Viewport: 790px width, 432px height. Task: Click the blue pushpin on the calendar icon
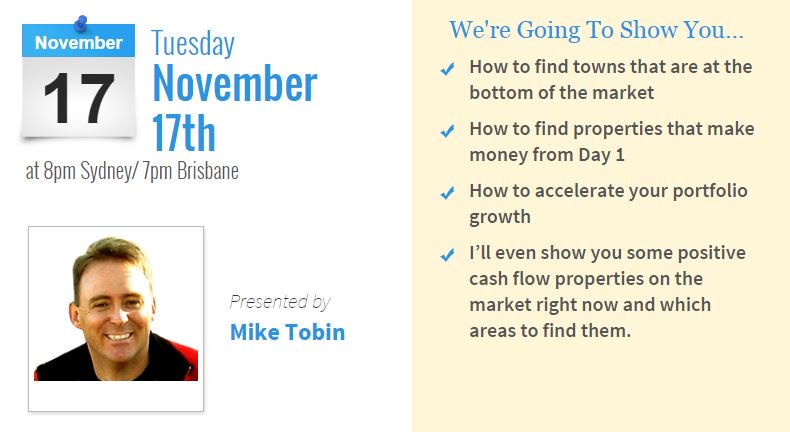81,21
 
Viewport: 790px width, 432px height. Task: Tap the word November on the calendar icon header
79,43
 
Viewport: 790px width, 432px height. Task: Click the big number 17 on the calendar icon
78,98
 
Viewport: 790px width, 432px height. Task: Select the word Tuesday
193,44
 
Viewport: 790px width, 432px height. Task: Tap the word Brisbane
207,170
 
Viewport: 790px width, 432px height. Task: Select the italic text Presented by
279,301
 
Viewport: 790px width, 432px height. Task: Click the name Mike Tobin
287,332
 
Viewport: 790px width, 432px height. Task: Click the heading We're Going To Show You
596,30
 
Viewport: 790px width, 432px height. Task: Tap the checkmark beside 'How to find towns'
447,69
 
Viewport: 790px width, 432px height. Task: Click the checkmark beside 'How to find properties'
447,131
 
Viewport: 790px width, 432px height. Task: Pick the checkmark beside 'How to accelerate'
447,192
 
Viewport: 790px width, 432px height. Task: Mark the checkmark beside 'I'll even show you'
447,255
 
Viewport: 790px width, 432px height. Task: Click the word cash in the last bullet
489,278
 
